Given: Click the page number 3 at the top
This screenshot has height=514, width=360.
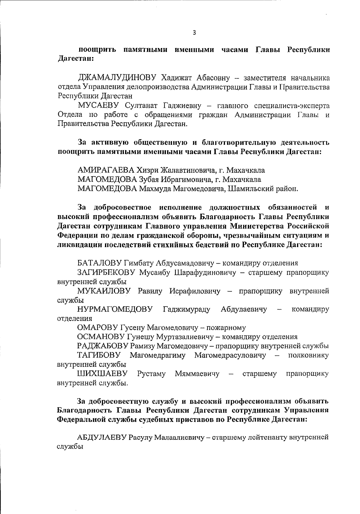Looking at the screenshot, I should coord(194,33).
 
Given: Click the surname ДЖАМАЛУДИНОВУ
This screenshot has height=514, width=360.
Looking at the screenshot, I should coord(117,78).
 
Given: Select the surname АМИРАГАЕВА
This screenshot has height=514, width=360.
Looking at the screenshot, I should coord(106,171).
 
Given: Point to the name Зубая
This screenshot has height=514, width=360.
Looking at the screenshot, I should coord(148,180).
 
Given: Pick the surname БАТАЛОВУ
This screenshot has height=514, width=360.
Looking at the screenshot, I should coord(99,263).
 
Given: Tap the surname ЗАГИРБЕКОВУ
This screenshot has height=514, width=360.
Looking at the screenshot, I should coord(108,273).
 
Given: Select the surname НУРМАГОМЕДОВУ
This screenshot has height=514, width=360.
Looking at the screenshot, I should coord(115,309).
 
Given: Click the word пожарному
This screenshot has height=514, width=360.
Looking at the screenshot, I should coord(227,328).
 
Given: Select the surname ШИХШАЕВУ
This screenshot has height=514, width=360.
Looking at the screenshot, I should coord(102,374).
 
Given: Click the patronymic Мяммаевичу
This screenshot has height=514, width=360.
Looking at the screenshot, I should coord(197,374).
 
